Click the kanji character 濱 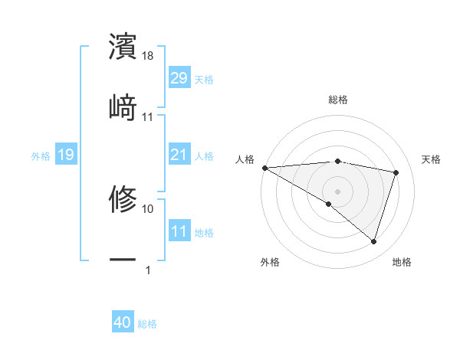(123, 47)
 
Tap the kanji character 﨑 (123, 107)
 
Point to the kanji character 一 (123, 260)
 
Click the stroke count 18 (148, 56)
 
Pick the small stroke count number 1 (148, 270)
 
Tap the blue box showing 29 (179, 78)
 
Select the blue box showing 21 (179, 155)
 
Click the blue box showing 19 (65, 155)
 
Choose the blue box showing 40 (123, 323)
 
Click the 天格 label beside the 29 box (204, 80)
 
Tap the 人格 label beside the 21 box (204, 156)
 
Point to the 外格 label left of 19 (41, 156)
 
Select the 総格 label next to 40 (147, 325)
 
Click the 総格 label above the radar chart (337, 100)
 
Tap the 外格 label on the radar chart (270, 263)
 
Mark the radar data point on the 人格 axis (264, 168)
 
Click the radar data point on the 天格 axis (396, 172)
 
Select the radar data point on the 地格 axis (373, 242)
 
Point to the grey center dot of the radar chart (337, 191)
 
